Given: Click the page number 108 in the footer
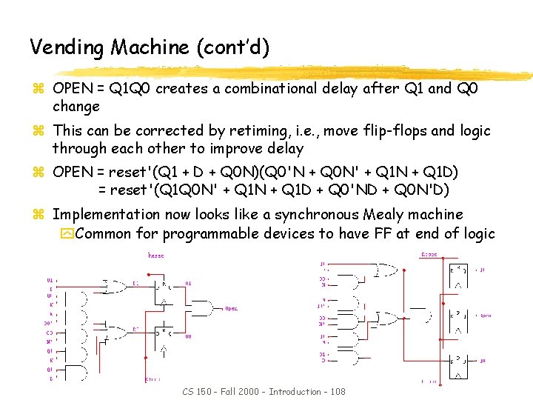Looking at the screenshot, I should point(335,391).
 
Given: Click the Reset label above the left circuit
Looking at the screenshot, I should point(156,256).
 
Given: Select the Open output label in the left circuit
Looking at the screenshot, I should point(231,308).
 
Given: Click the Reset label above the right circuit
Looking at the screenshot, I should point(429,255).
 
